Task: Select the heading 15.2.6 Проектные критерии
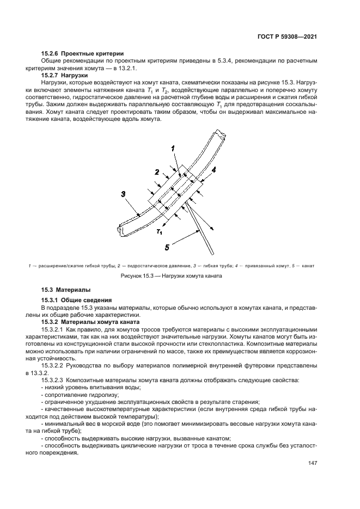[82, 53]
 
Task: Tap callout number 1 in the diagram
[172, 148]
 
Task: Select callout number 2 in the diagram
[156, 171]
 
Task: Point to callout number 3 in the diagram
[124, 193]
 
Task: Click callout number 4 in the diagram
[214, 170]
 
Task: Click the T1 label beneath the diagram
[158, 232]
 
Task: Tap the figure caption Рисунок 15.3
[172, 276]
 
